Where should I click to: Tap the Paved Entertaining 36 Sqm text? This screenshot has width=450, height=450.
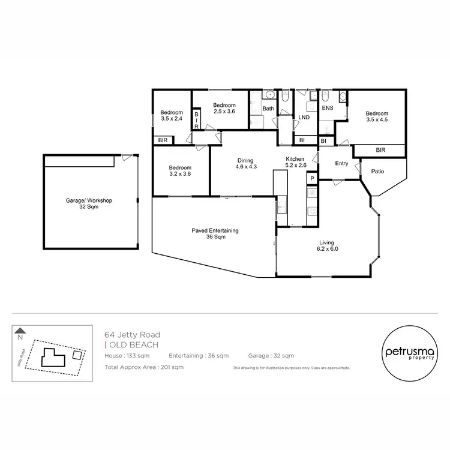click(215, 233)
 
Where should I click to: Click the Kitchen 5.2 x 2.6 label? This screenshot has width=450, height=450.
click(296, 162)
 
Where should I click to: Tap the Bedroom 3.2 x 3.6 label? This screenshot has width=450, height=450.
click(179, 171)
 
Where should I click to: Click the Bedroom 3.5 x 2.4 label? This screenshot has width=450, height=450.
click(172, 116)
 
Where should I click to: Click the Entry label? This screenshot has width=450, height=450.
click(341, 163)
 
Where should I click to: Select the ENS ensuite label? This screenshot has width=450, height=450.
click(327, 109)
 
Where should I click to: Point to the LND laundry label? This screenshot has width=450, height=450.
click(304, 117)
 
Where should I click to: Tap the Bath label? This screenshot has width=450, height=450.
click(268, 109)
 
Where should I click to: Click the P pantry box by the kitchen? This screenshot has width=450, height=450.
click(311, 178)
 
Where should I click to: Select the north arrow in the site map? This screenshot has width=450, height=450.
click(20, 330)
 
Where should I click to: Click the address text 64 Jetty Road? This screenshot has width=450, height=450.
click(132, 335)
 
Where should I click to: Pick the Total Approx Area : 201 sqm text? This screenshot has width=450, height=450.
click(144, 367)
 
